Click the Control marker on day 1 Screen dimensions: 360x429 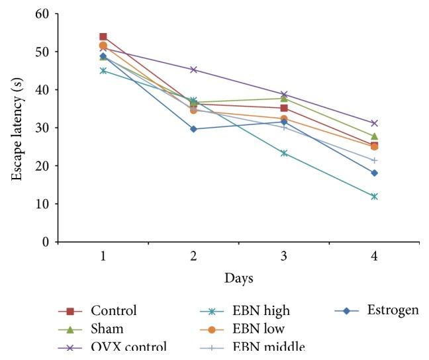103,37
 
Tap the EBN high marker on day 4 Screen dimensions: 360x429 374,197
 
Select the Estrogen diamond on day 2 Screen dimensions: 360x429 193,129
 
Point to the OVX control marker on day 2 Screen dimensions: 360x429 193,69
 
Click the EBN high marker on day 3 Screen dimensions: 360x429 284,153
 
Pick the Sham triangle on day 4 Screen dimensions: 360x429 374,136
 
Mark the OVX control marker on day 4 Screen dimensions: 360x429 374,123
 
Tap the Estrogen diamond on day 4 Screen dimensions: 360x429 374,173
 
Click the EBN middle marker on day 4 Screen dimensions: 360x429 374,160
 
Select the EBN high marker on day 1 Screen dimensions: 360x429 103,70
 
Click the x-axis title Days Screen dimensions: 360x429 238,278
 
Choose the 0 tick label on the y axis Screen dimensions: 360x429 45,242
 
